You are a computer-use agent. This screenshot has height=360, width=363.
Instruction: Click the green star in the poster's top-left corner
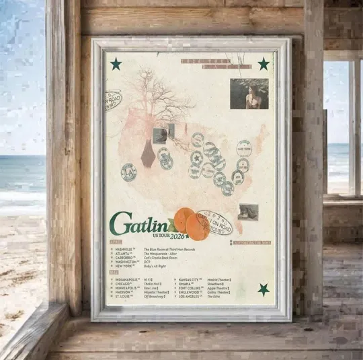pos(116,64)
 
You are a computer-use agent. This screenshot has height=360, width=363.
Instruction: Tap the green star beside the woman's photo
pos(264,64)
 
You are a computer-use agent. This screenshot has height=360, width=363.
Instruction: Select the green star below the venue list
pos(264,289)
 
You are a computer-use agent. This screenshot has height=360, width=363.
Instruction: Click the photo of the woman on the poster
pos(249,94)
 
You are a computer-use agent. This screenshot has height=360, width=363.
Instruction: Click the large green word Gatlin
pos(140,224)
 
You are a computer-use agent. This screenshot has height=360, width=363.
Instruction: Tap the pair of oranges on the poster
pos(192,223)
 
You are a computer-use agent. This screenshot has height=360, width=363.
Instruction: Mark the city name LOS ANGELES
pos(192,296)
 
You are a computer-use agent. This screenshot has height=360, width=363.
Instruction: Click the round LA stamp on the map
pos(128,172)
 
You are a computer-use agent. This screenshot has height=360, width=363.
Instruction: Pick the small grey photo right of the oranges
pos(247,211)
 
